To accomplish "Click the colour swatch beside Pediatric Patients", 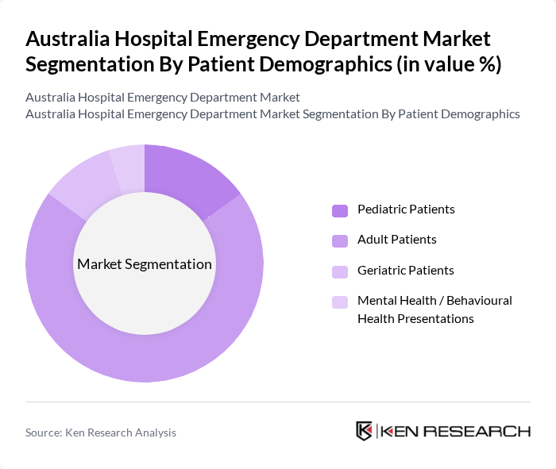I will [340, 210].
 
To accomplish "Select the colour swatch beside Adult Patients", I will [340, 240].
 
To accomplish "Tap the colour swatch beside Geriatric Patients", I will [340, 271].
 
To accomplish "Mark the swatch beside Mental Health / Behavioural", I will [340, 302].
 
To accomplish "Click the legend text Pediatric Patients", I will [406, 210].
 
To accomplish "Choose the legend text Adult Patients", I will [397, 240].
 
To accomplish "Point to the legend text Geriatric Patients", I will [406, 271].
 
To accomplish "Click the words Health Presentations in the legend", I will [415, 319].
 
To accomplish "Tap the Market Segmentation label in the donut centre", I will [145, 264].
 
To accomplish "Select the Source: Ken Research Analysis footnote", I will [101, 432].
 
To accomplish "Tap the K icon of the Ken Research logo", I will [365, 431].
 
